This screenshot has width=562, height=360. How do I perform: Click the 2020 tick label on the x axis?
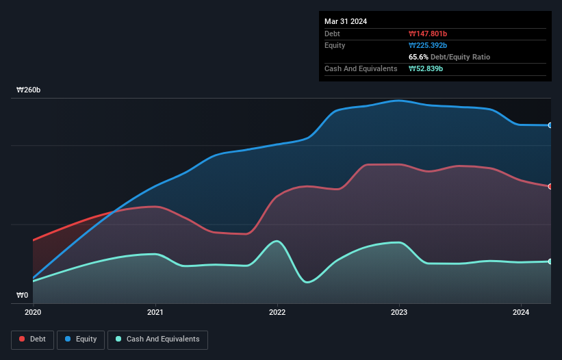click(33, 312)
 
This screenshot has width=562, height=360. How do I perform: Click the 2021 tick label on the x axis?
click(155, 312)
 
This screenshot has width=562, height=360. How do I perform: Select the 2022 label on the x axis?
click(277, 312)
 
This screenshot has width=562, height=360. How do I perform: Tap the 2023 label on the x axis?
click(399, 312)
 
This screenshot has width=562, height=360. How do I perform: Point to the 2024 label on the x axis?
click(521, 312)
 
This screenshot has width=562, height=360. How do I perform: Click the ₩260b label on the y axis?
click(29, 90)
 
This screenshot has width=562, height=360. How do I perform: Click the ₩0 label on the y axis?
click(23, 296)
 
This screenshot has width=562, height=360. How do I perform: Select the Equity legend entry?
click(81, 339)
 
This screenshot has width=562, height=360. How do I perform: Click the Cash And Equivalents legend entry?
click(157, 339)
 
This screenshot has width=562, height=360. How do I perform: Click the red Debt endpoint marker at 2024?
click(550, 186)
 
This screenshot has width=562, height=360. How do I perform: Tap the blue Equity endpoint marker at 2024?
click(550, 125)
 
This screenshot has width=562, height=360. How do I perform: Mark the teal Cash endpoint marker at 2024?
click(550, 261)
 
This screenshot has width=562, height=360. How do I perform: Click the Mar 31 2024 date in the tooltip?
click(346, 21)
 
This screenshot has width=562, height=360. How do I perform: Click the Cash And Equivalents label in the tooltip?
click(361, 68)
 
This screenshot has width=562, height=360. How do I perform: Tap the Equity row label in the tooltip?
click(335, 45)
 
